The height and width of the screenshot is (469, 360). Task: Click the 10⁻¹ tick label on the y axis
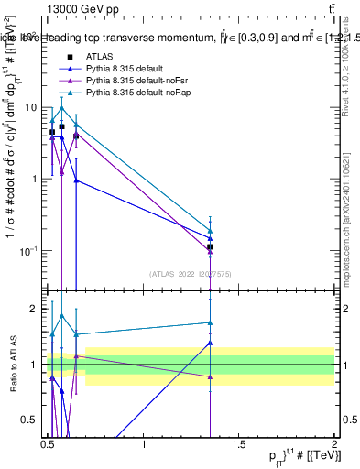click(29, 251)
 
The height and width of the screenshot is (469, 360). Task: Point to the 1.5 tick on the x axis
click(239, 446)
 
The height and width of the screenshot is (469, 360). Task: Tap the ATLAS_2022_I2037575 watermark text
click(191, 274)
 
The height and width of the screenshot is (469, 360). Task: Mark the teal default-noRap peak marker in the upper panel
click(61, 108)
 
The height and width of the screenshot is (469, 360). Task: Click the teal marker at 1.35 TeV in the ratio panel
click(211, 322)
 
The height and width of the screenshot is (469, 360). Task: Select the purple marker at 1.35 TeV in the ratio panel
click(211, 376)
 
